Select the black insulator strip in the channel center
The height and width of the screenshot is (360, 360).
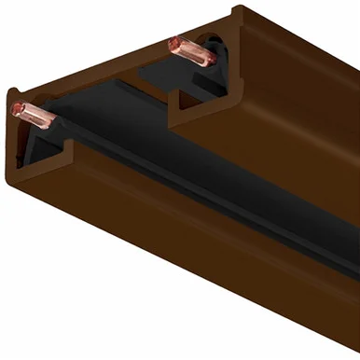pyautogui.click(x=187, y=177)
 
